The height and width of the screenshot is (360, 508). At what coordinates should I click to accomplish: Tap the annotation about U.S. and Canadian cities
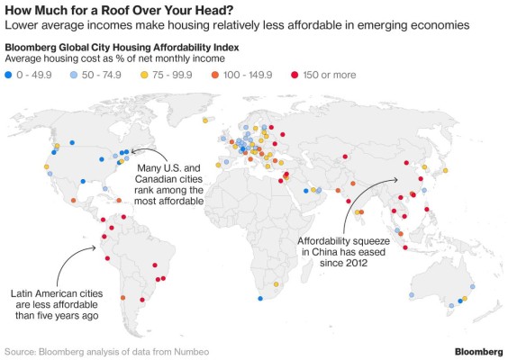169,184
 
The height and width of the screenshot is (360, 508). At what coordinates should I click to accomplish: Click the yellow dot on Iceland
205,120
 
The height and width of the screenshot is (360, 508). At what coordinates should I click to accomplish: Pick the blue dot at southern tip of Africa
260,298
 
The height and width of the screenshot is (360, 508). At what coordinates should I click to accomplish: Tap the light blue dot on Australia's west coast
411,295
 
